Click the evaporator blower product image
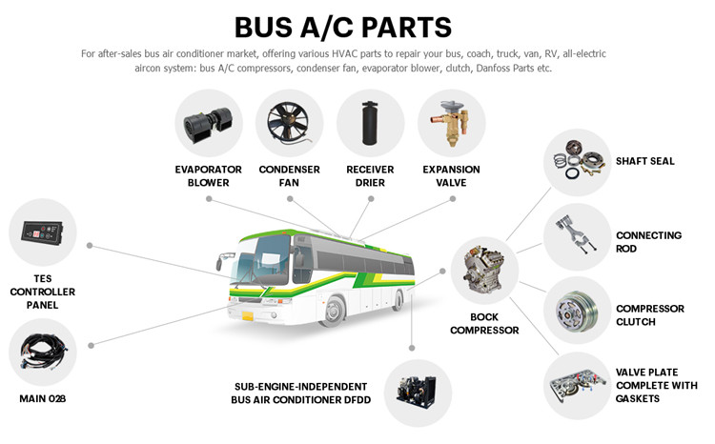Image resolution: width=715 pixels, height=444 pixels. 208,124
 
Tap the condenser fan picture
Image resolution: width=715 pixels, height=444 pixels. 289,122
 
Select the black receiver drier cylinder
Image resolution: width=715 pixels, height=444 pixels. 370,123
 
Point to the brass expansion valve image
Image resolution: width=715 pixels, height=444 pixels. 450,122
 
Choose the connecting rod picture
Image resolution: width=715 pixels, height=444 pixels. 575,234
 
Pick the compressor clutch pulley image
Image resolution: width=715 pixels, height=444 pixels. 577,310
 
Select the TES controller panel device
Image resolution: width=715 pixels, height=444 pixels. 42,232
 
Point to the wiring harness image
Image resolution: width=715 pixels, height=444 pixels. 43,352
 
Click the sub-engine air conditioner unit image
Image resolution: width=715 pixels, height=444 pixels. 417,392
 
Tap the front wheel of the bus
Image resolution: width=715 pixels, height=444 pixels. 335,311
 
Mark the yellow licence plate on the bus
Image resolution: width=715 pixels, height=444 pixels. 248,315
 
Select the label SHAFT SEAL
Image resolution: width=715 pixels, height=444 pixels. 644,161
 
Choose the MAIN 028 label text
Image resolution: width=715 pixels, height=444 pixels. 42,399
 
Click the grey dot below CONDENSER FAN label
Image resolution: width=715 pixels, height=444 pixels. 290,199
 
